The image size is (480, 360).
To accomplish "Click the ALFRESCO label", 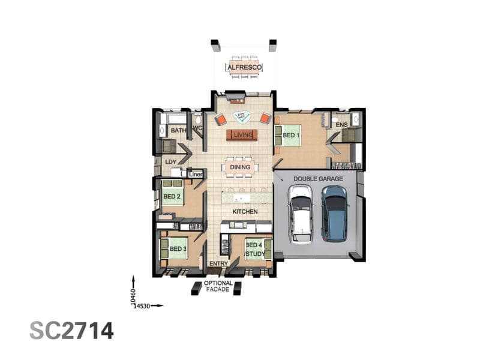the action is click(245, 67).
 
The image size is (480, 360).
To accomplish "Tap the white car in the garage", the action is click(301, 214).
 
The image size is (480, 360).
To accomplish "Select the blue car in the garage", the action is click(335, 214).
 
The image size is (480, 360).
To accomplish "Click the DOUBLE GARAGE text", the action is click(318, 179).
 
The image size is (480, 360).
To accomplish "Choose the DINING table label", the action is click(240, 167).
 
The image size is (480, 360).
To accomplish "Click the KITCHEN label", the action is click(245, 212).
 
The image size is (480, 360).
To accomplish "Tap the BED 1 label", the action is click(291, 135).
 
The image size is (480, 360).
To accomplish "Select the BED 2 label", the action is click(172, 196).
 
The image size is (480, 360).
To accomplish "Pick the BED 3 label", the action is click(178, 248).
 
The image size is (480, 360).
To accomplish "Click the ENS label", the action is click(341, 125).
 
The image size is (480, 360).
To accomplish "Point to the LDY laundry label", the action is click(170, 161).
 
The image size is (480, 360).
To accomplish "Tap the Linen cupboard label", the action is click(196, 174).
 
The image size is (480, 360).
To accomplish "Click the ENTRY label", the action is click(218, 263).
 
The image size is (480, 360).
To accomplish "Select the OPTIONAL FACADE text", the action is click(218, 286).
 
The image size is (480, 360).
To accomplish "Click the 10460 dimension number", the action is click(133, 296).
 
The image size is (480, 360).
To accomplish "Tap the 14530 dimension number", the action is click(142, 306).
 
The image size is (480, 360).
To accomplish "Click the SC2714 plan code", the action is click(71, 331).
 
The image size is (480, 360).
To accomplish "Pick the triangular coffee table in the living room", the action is click(242, 117).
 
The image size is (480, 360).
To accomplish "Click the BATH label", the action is click(178, 130).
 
